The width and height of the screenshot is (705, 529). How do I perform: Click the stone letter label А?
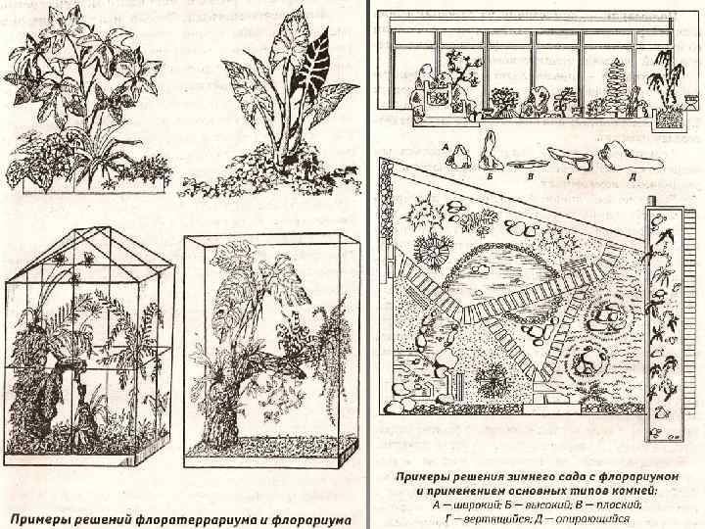(x=446, y=148)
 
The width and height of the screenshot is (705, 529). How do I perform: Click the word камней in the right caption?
(x=629, y=488)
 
